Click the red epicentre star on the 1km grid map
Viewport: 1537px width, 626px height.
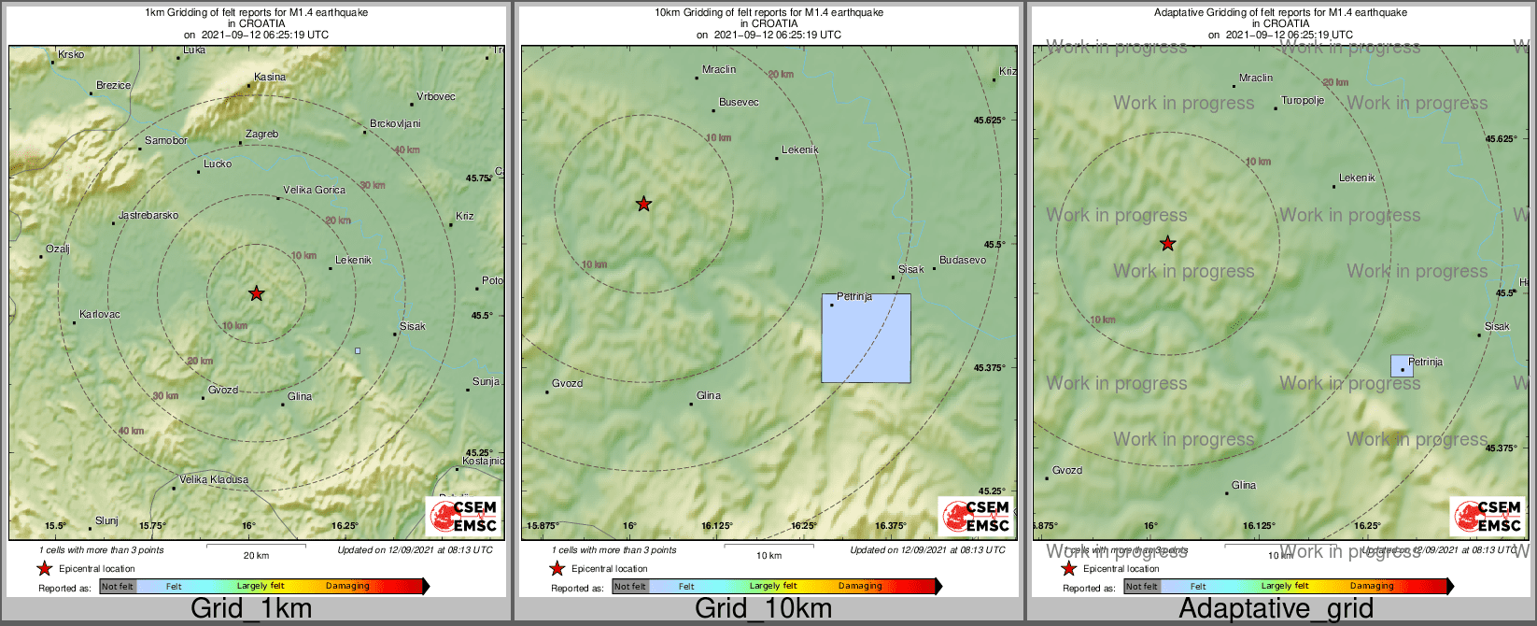(x=257, y=293)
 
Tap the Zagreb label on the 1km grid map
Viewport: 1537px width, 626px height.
(x=261, y=135)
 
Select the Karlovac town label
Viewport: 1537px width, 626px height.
(x=100, y=315)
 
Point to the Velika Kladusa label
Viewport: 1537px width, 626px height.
(x=214, y=480)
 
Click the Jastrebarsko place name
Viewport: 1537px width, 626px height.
(x=148, y=216)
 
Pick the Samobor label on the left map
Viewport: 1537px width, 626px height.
(x=166, y=141)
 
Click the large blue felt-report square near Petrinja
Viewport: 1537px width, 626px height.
(x=866, y=338)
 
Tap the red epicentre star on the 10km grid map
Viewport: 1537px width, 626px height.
(x=643, y=204)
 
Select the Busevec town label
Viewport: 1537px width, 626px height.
(x=739, y=103)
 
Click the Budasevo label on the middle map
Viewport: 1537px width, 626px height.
(x=963, y=261)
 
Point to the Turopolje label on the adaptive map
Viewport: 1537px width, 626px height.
(x=1303, y=101)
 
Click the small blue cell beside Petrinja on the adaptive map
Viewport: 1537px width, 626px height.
(x=1401, y=365)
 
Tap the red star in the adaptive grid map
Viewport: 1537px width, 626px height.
(x=1167, y=244)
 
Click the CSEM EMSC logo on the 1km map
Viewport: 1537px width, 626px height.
(x=464, y=517)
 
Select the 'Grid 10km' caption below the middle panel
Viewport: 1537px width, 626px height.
(x=763, y=609)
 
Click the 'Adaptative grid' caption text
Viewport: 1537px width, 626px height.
(x=1276, y=609)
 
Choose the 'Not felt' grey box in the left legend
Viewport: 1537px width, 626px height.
(x=118, y=587)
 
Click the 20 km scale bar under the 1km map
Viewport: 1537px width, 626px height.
(x=256, y=543)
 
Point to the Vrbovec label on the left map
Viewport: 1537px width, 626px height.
(x=436, y=97)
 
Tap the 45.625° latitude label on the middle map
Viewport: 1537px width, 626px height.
(x=989, y=121)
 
